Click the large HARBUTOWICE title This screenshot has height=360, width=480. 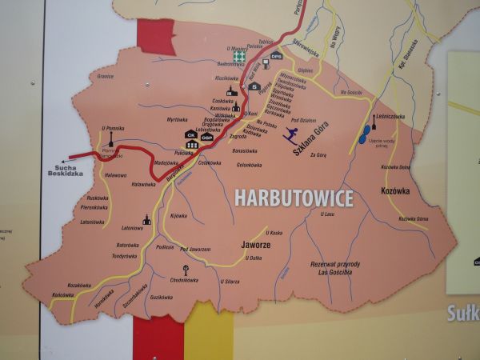tap(294, 198)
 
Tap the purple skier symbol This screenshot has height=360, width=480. tap(290, 134)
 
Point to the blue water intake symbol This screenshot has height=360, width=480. tap(365, 134)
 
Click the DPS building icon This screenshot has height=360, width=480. tap(276, 56)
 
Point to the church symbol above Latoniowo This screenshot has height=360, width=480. tap(146, 218)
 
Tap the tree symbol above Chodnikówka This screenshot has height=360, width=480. tap(186, 270)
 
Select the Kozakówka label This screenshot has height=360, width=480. tap(80, 285)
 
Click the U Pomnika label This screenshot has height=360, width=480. tap(112, 128)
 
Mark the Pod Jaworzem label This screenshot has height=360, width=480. tap(195, 250)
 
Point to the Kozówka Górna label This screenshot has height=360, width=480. tap(414, 218)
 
